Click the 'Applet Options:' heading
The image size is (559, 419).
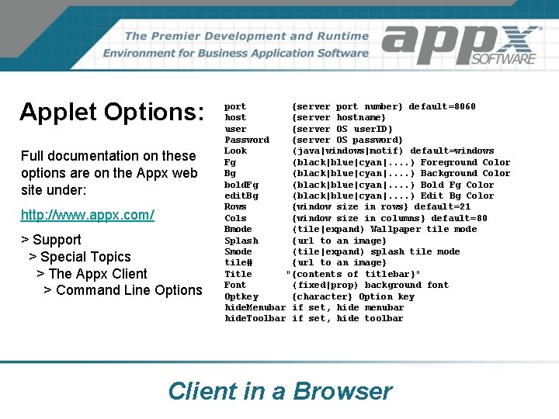click(112, 112)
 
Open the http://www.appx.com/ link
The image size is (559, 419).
click(88, 214)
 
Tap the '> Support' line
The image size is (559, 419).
click(51, 240)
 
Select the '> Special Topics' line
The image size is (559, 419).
click(80, 257)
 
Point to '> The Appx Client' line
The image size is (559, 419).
click(92, 273)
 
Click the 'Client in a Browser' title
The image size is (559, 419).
click(280, 390)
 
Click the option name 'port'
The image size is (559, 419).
click(235, 106)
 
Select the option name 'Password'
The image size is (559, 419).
click(247, 140)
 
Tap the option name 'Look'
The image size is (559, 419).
click(235, 151)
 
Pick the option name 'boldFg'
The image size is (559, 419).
click(241, 185)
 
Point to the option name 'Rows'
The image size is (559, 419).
click(235, 206)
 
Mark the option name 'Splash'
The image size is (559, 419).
click(241, 241)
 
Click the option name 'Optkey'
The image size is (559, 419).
click(241, 296)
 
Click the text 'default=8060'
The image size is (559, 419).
click(442, 106)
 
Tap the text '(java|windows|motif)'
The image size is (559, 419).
click(348, 151)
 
